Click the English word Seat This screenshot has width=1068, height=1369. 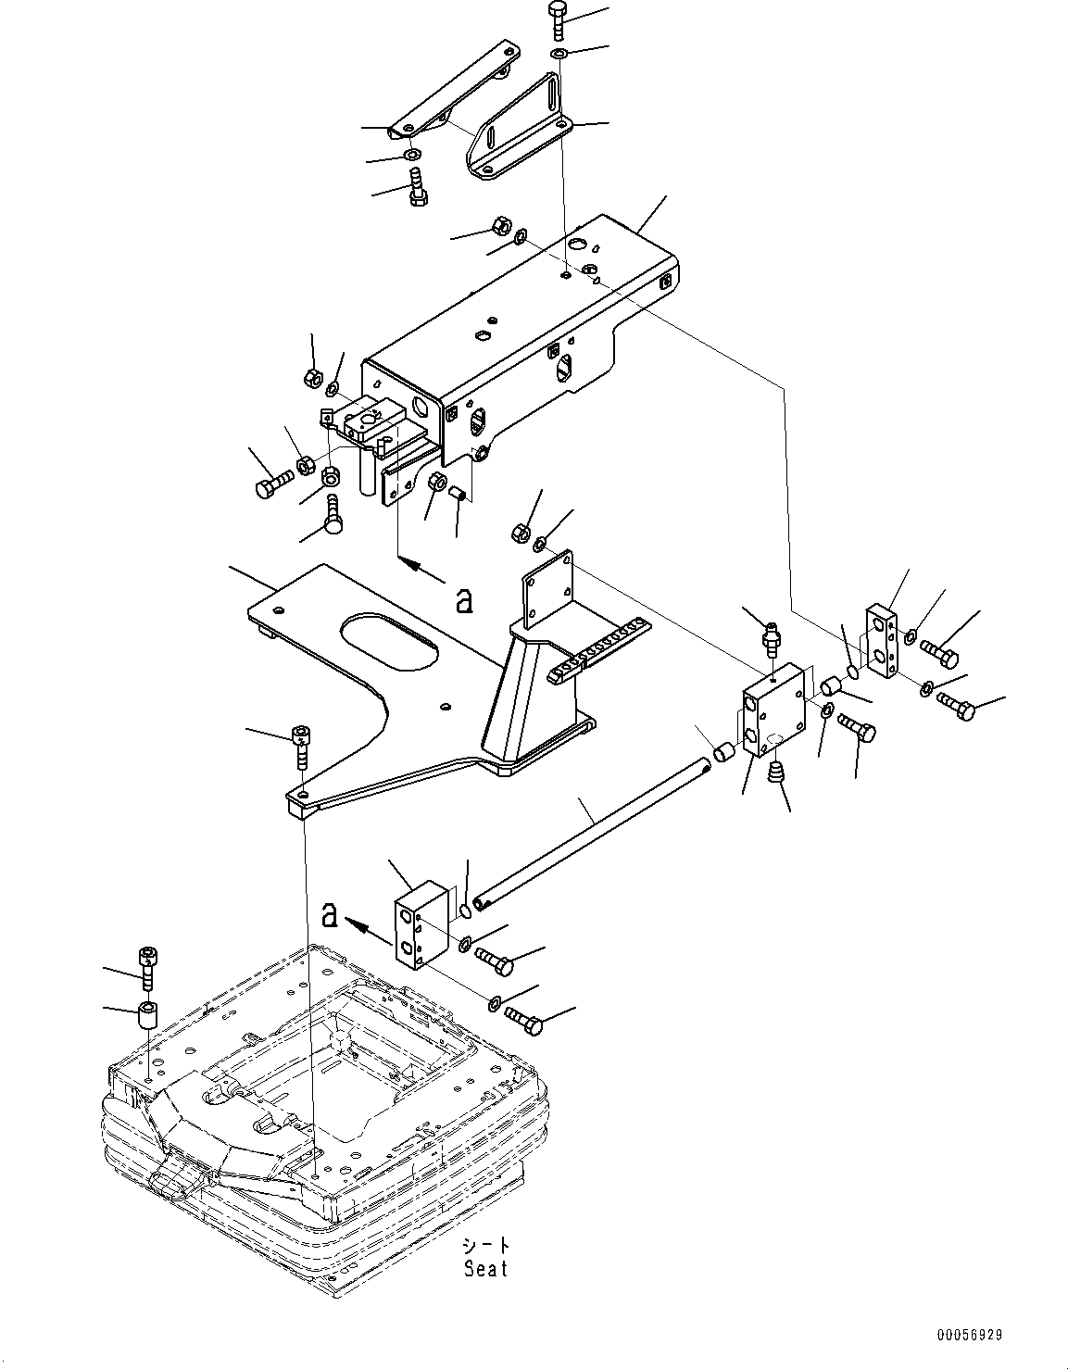[486, 1268]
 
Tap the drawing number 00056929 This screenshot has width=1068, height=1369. [968, 1336]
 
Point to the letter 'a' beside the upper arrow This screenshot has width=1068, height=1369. [464, 601]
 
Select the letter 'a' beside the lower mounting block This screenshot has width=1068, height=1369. [328, 916]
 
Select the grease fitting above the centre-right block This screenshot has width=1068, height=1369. [769, 638]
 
